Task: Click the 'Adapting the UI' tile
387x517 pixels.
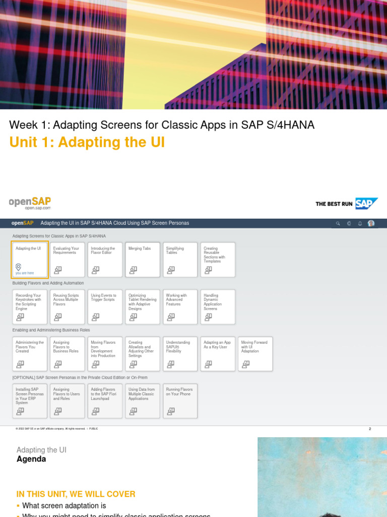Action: coord(30,260)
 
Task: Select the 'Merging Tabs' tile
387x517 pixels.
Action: coord(143,260)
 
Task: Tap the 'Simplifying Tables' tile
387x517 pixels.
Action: coord(180,260)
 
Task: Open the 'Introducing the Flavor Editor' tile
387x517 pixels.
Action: coord(105,260)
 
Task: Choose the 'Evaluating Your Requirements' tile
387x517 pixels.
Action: coord(68,260)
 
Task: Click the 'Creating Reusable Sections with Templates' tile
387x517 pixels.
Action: coord(218,260)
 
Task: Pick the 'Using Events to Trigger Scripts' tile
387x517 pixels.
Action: coord(105,306)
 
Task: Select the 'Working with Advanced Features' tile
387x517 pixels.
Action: coord(180,306)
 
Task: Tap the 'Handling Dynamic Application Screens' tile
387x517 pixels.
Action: coord(218,306)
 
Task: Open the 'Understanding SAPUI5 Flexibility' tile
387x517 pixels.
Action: coord(180,353)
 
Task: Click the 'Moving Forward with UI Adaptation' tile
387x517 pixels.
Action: coord(255,353)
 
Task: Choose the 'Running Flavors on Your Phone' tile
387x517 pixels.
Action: coord(180,401)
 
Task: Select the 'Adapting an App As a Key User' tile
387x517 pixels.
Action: coord(218,353)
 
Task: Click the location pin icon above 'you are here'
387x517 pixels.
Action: coord(19,267)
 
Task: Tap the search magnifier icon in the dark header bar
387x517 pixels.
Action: coord(338,223)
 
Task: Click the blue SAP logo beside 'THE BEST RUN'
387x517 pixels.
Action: coord(366,203)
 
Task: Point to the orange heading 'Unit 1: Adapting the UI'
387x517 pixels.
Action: coord(87,142)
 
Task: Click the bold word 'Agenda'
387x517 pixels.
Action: coord(31,459)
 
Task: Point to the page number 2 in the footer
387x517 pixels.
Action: coord(370,429)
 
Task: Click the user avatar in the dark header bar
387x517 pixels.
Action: coord(371,223)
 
